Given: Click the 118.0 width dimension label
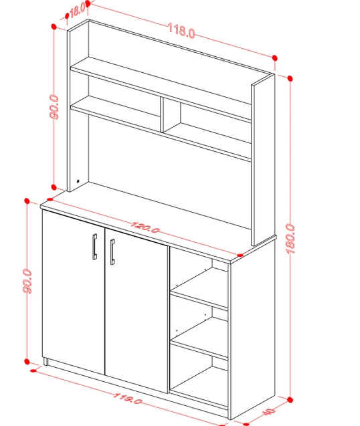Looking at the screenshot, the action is [181, 31].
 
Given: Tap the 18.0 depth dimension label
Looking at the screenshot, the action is [77, 11].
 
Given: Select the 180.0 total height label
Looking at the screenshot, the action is [290, 239].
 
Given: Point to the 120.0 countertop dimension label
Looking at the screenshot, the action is [145, 227].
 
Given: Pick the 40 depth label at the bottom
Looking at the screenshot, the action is [268, 412].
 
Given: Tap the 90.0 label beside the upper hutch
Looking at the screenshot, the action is [54, 107].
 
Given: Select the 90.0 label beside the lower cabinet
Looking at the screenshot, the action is [27, 281].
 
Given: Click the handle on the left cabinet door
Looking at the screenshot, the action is [94, 246].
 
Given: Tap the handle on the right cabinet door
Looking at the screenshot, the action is [112, 252].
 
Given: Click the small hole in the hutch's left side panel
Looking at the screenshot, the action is [78, 181].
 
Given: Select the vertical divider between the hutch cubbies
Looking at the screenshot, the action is [162, 114].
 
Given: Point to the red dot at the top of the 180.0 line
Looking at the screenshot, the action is [290, 79].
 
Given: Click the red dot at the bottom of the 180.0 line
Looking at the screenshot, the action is [290, 400].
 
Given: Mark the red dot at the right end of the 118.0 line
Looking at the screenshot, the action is [274, 58].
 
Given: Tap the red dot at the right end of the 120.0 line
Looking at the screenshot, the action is [240, 255].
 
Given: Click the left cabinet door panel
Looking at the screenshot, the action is [74, 292].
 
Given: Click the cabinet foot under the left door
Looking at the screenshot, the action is [46, 362].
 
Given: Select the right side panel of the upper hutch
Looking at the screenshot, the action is [263, 160].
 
